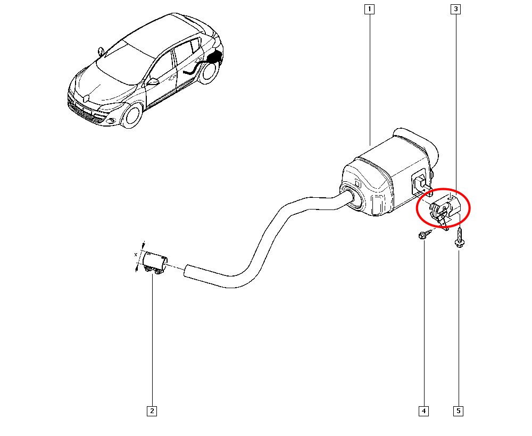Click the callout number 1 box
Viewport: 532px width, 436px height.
point(369,9)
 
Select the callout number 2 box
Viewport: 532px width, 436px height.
point(152,410)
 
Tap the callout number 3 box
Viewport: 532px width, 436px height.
point(456,9)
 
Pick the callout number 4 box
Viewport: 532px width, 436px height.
point(423,410)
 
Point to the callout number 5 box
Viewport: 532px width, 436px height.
point(458,410)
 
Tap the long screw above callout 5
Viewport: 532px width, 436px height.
point(458,237)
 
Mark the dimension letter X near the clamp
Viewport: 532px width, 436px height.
point(136,256)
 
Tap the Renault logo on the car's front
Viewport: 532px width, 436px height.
point(86,97)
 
